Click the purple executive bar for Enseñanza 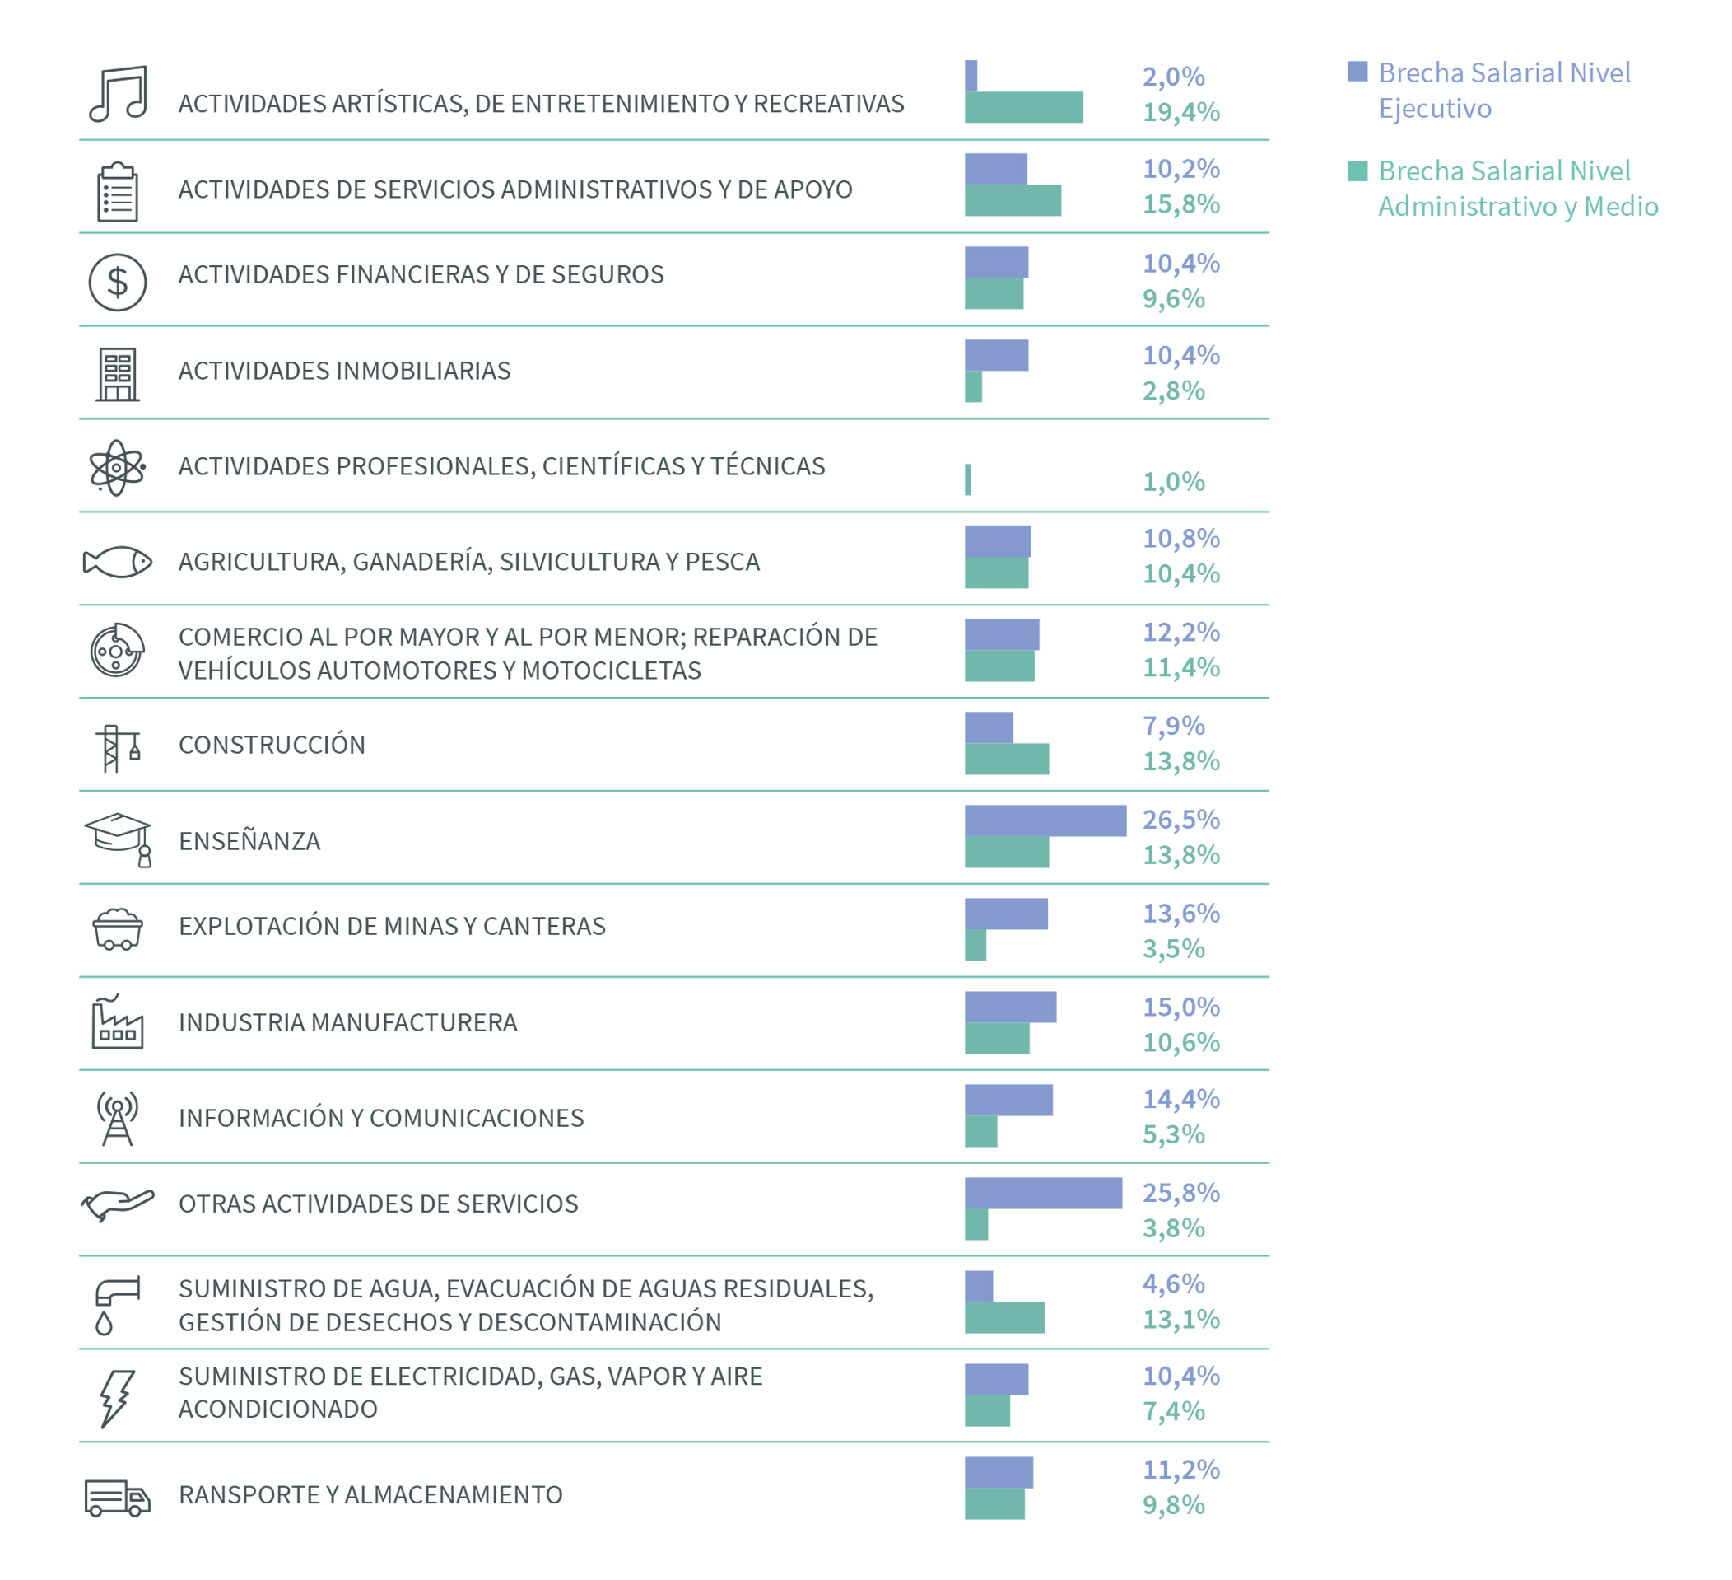1045,820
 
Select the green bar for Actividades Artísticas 1023,107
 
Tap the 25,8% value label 1180,1192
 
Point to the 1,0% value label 1173,481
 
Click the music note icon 118,94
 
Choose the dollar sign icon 118,282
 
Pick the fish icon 118,562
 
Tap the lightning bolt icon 116,1398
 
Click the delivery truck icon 118,1498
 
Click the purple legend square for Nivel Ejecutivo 1357,72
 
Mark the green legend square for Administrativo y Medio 1357,171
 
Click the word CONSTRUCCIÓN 272,745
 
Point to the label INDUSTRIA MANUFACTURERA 348,1022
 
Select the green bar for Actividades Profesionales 968,479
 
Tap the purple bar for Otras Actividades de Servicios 1043,1193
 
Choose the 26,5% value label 1180,819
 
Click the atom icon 117,468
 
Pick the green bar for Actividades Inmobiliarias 973,386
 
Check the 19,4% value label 1180,112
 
